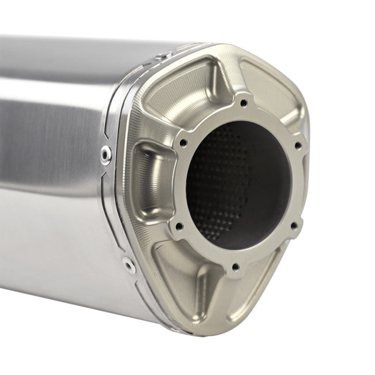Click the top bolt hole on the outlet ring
click(243, 103)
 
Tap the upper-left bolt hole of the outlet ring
click(183, 142)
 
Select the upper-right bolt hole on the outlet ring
click(298, 145)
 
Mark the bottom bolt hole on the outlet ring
click(235, 267)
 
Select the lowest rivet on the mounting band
click(128, 266)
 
